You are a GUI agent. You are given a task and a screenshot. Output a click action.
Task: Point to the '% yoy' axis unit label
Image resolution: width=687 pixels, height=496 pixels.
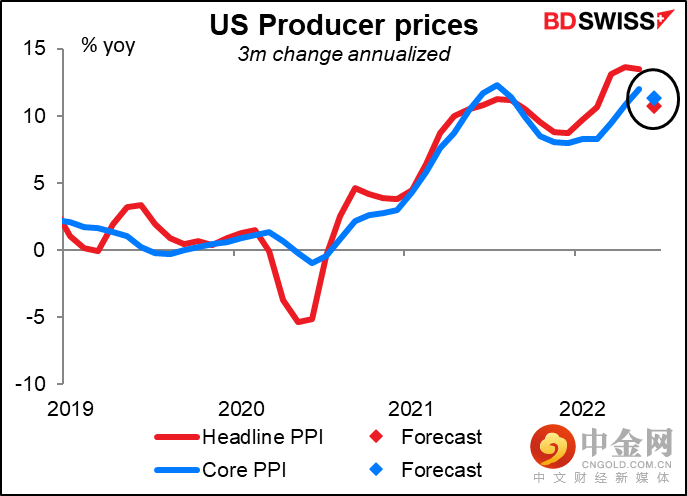coord(109,46)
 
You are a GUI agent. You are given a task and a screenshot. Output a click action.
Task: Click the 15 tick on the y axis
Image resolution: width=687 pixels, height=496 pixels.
coord(36,48)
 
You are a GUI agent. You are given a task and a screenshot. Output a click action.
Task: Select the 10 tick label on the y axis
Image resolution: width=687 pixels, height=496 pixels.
coord(36,115)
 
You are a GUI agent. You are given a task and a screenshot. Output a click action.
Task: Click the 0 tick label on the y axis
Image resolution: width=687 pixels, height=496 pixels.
coord(41,249)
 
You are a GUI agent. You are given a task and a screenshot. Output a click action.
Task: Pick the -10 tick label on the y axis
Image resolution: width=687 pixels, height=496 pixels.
coord(33,384)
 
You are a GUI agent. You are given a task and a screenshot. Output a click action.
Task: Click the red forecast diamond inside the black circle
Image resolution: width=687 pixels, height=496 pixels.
coord(654,106)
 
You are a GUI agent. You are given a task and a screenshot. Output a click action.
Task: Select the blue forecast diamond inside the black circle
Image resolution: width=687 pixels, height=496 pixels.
coord(654,98)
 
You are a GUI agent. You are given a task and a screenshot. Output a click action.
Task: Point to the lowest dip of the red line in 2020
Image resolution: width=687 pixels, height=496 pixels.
coord(300,322)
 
